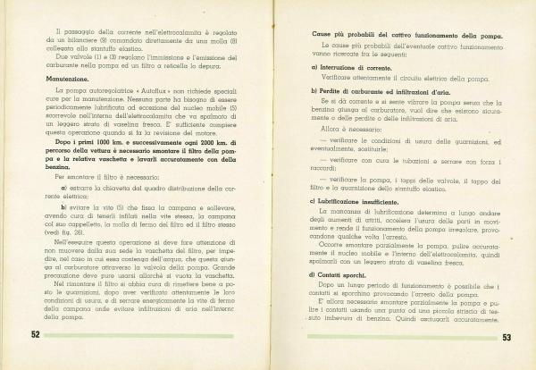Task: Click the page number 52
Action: [x=37, y=334]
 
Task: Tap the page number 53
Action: [x=506, y=337]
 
